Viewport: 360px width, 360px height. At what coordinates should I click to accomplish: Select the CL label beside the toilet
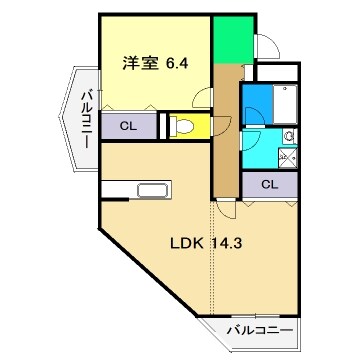click(127, 126)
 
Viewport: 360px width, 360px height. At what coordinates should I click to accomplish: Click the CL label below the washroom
click(270, 184)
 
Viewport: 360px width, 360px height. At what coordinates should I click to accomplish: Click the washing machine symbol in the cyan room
click(289, 156)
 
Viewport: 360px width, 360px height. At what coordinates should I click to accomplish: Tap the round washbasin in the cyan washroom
click(288, 135)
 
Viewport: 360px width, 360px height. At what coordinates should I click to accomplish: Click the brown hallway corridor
click(225, 130)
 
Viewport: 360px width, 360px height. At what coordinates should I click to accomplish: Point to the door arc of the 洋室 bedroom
click(203, 98)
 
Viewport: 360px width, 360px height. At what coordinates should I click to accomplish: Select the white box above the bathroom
click(277, 72)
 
